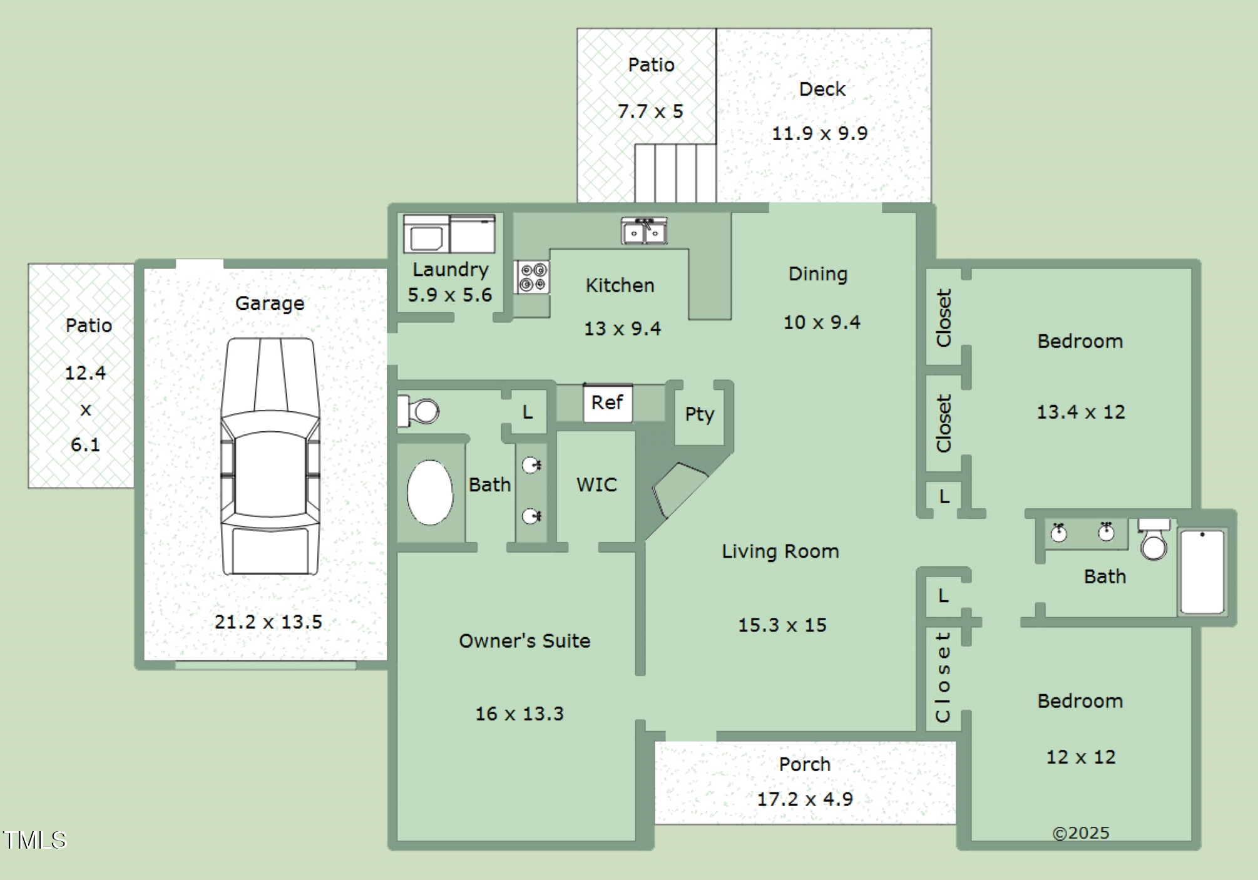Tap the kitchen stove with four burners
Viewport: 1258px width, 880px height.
click(533, 277)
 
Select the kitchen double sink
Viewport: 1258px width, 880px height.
click(644, 231)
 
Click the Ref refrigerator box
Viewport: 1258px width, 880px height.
click(607, 403)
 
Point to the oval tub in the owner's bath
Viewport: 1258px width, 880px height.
click(430, 493)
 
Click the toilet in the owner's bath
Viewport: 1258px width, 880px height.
click(420, 411)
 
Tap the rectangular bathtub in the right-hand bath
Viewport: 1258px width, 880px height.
click(1202, 571)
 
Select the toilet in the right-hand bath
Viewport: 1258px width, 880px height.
click(1153, 540)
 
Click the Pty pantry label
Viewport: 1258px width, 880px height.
click(699, 414)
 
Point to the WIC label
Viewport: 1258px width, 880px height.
click(596, 485)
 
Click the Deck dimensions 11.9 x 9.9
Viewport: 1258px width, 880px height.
click(819, 133)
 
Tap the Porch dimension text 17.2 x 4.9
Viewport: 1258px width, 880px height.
click(805, 799)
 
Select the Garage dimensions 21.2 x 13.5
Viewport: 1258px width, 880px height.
click(268, 622)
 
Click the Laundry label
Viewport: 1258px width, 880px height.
click(450, 270)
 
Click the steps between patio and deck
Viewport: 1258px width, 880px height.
click(675, 173)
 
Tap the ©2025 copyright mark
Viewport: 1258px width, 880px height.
click(1081, 833)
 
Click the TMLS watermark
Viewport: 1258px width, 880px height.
click(34, 840)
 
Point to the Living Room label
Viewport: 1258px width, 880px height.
click(780, 551)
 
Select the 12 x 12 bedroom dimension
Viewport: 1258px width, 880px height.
click(1081, 757)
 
